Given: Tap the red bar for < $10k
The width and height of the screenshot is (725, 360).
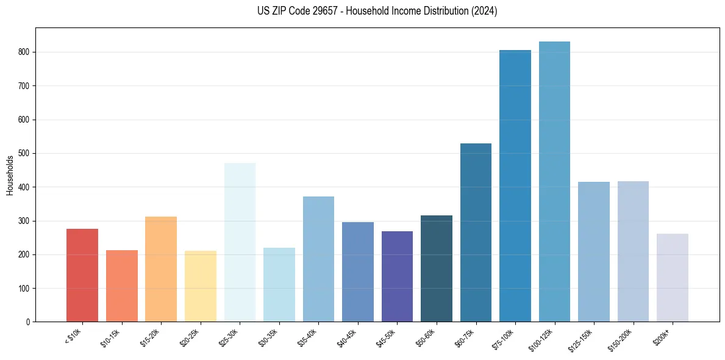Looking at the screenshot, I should [82, 275].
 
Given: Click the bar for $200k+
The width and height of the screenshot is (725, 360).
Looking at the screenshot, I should [673, 278].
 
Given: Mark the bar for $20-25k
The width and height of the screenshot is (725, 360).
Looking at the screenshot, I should [201, 286].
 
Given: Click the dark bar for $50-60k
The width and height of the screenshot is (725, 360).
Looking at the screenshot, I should [437, 268].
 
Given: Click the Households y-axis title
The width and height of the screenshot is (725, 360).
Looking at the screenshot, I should [10, 175].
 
